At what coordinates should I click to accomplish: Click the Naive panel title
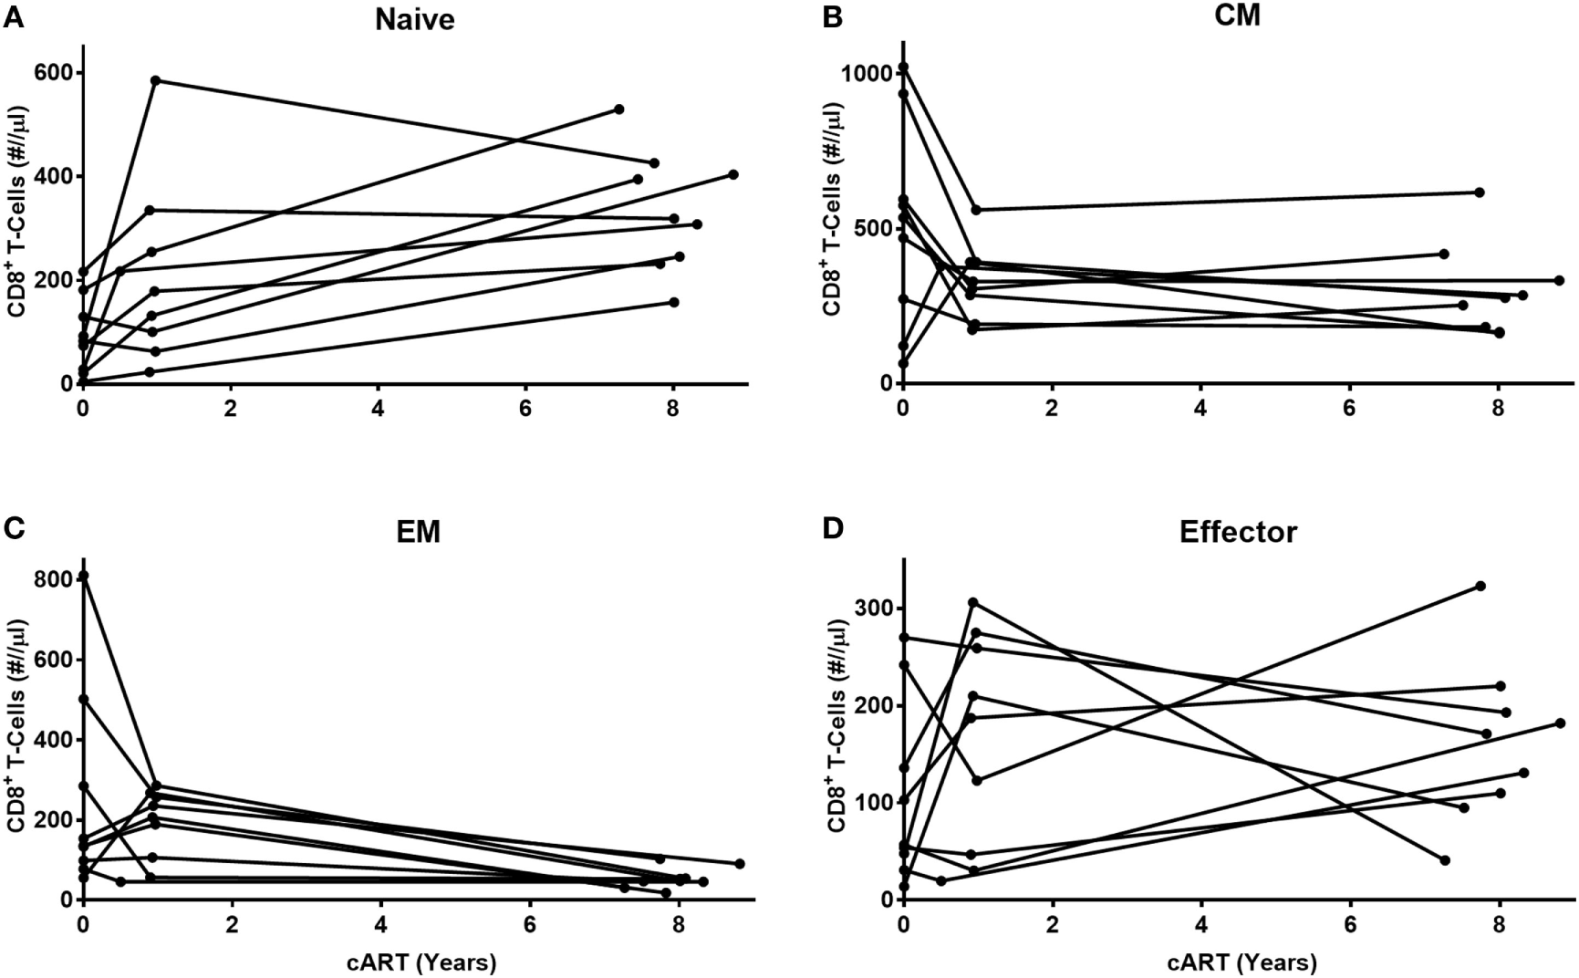pos(414,20)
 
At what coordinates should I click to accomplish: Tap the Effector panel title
pos(1238,532)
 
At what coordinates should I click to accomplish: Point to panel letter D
pos(833,529)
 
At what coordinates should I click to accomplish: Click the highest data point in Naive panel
pos(156,81)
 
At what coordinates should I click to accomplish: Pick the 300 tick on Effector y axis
pos(873,609)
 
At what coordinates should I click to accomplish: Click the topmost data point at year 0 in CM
pos(903,68)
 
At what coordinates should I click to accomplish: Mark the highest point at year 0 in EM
pos(83,576)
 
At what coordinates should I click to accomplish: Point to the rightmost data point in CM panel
pos(1559,280)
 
